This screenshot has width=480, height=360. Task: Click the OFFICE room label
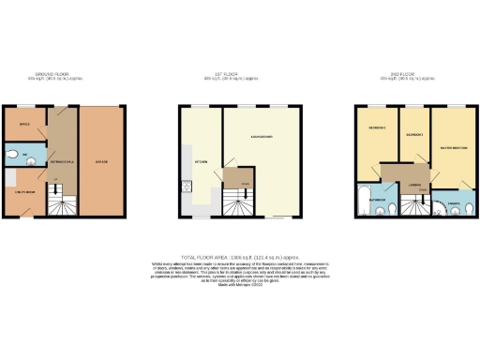24,123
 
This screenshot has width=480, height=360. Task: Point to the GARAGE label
101,162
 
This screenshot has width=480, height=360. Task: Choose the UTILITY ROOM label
24,192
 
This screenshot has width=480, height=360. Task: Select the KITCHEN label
200,161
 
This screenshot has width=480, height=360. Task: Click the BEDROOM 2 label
413,136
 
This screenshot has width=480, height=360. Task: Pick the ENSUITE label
451,202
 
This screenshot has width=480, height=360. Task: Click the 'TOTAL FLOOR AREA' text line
239,255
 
